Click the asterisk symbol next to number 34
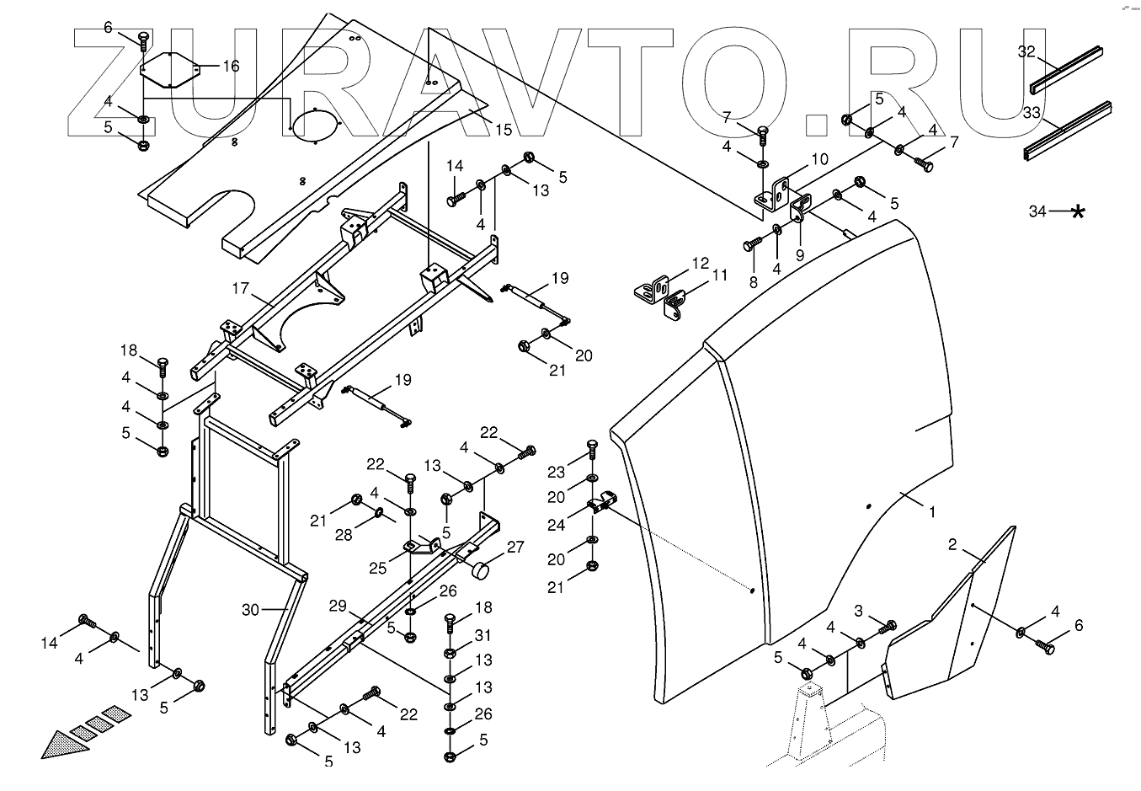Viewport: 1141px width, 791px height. click(1077, 211)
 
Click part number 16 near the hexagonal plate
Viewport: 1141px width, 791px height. click(230, 66)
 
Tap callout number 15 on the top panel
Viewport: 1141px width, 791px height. click(503, 130)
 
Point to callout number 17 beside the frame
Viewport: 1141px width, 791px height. click(241, 288)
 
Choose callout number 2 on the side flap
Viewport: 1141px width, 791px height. click(952, 545)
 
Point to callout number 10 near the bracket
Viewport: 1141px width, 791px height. click(819, 158)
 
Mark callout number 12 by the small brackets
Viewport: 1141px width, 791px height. click(701, 263)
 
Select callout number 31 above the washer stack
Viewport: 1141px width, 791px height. click(483, 635)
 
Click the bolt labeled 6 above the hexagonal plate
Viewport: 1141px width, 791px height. click(143, 39)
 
